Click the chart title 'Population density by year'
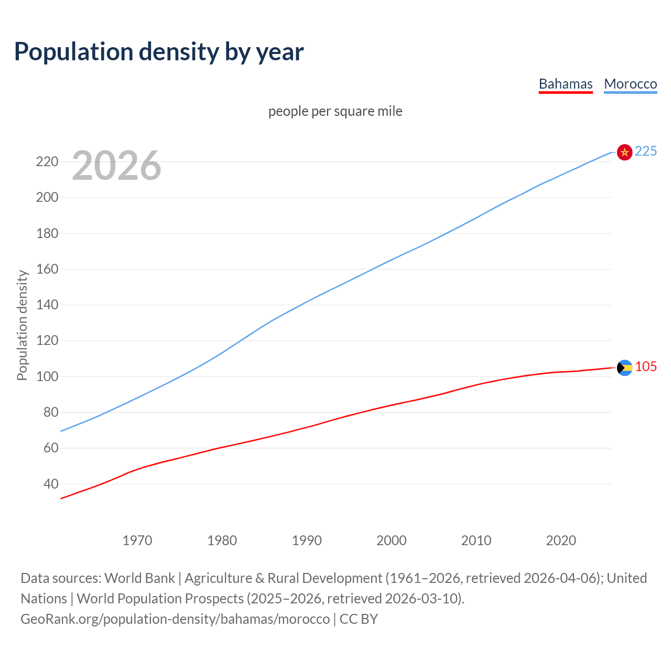point(159,51)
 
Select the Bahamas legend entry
point(566,84)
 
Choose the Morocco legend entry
point(630,84)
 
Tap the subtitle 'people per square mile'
point(335,111)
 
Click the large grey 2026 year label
point(116,166)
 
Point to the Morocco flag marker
point(624,152)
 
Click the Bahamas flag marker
point(624,367)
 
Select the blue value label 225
point(645,151)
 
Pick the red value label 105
point(646,366)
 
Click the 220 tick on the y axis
point(47,161)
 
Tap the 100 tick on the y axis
point(47,376)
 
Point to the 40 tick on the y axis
point(51,484)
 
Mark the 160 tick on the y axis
point(47,269)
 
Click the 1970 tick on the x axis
point(137,540)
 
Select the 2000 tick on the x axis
point(392,540)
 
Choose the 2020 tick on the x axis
point(561,540)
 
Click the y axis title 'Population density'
point(22,325)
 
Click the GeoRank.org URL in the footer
point(175,619)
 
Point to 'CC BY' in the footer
point(359,619)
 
